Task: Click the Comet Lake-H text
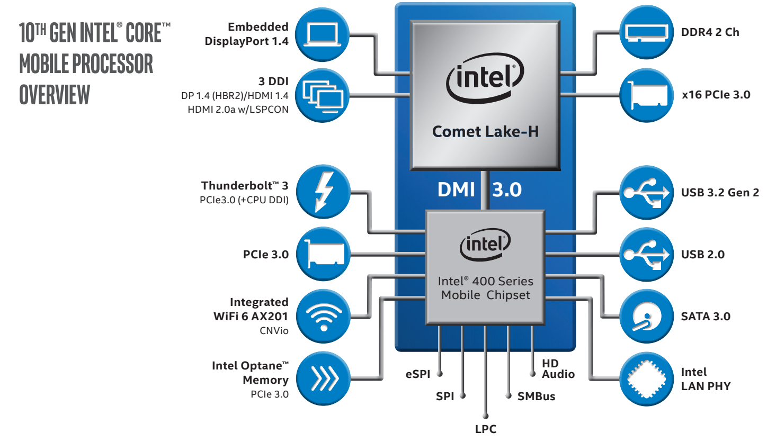(485, 131)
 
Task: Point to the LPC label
(485, 429)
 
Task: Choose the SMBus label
(537, 396)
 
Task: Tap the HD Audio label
(558, 369)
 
